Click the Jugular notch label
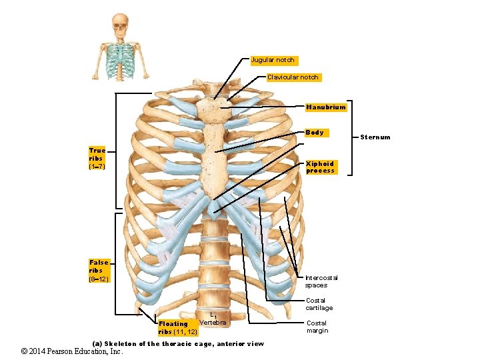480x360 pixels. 272,60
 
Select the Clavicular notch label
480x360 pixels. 293,77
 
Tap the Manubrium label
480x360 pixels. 325,107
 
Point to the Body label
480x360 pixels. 315,133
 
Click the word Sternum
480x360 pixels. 375,137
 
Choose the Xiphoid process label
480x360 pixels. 320,167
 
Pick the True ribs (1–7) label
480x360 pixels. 97,158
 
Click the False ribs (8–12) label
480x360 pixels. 98,270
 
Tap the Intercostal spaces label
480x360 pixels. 321,281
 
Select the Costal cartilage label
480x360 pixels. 319,304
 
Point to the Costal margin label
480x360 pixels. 317,327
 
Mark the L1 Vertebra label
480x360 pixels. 213,320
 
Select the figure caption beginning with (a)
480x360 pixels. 178,343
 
